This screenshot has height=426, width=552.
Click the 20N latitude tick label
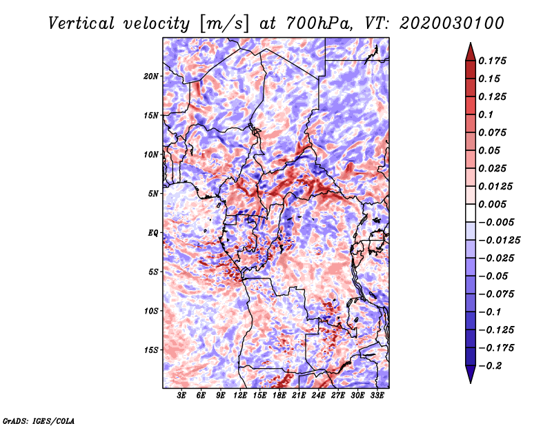tap(151, 77)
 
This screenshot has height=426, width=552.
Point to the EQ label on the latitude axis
tap(153, 233)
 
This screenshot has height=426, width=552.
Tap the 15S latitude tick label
tap(151, 350)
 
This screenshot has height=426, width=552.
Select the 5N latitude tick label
tap(153, 194)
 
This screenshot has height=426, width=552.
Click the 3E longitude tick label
tap(181, 395)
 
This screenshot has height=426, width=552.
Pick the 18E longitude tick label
tap(279, 395)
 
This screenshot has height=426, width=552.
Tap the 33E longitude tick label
tap(377, 395)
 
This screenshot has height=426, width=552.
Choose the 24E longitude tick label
tap(318, 395)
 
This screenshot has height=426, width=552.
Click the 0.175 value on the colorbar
tap(492, 61)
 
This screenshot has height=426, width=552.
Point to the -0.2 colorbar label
tap(490, 366)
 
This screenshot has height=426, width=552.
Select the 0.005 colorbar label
tap(492, 204)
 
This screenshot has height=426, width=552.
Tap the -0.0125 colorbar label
tap(499, 241)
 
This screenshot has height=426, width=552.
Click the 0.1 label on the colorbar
tap(486, 114)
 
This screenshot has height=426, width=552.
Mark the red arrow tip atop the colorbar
tap(471, 43)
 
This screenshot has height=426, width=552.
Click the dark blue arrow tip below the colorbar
tap(471, 383)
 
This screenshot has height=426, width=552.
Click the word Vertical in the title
tap(81, 23)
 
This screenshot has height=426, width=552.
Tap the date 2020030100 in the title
tap(452, 23)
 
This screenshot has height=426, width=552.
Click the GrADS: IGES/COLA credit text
tap(39, 420)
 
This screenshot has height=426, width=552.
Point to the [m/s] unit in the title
tap(224, 24)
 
